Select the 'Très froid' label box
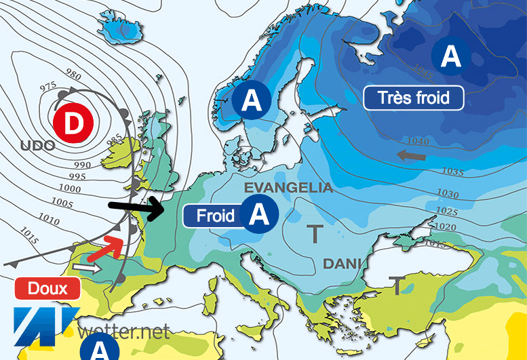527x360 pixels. (414, 98)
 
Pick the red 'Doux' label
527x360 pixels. (47, 288)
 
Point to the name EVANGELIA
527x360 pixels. (288, 188)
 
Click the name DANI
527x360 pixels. (341, 263)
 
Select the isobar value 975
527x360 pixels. (49, 86)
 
